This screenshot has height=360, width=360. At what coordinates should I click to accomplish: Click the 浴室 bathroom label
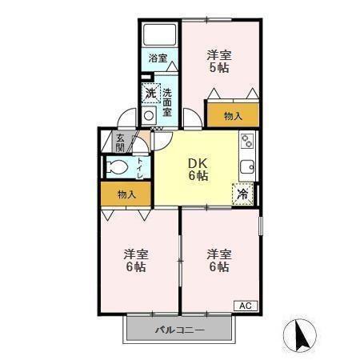click(158, 58)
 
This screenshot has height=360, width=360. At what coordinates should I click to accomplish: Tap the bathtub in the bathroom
click(158, 37)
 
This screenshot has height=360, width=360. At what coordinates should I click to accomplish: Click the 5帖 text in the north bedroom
click(219, 69)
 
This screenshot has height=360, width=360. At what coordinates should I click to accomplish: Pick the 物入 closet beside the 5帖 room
click(233, 115)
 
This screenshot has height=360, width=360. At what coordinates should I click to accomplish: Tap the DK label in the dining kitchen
click(198, 160)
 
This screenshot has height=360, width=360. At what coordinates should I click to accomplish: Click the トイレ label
click(141, 167)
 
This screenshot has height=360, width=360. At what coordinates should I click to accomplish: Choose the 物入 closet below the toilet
click(126, 194)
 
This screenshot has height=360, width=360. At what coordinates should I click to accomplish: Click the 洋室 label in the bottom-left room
click(135, 254)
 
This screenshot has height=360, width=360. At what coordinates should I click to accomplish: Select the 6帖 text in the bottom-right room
click(219, 267)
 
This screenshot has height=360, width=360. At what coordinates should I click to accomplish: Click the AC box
click(245, 305)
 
